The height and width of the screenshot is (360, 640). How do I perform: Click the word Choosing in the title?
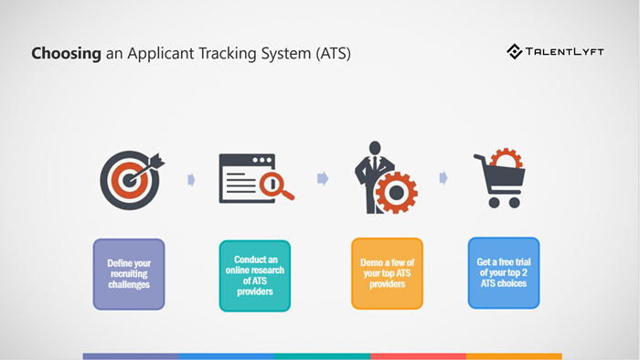[66, 54]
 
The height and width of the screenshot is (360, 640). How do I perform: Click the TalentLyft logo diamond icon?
[515, 52]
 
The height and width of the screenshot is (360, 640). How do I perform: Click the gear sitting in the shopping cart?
[506, 161]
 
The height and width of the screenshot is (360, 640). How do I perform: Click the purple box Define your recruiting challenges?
[129, 274]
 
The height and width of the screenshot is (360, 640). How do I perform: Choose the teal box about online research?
[255, 274]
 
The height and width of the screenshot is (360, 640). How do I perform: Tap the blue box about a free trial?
[504, 272]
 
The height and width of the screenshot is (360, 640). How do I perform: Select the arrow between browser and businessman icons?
[323, 178]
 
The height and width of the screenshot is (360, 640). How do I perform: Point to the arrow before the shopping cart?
[443, 177]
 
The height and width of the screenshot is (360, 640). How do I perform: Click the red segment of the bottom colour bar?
[418, 356]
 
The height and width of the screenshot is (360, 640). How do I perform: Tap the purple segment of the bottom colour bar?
[130, 356]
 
